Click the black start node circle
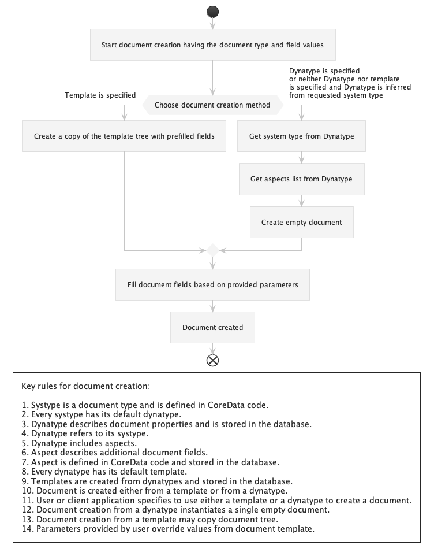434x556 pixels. pyautogui.click(x=213, y=12)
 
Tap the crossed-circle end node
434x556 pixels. pyautogui.click(x=213, y=361)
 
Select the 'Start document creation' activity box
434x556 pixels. pyautogui.click(x=213, y=45)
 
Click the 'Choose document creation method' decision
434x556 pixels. pyautogui.click(x=212, y=105)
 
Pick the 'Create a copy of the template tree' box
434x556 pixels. pyautogui.click(x=124, y=136)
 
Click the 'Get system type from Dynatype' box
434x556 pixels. pyautogui.click(x=301, y=136)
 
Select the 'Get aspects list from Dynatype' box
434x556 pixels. pyautogui.click(x=301, y=179)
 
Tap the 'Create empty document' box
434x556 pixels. pyautogui.click(x=301, y=222)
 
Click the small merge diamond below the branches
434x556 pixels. pyautogui.click(x=213, y=250)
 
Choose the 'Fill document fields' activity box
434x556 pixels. pyautogui.click(x=212, y=284)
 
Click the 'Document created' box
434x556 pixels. pyautogui.click(x=212, y=327)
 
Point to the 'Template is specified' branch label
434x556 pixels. pyautogui.click(x=100, y=95)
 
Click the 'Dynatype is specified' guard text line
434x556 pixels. pyautogui.click(x=324, y=71)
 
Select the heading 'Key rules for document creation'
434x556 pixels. pyautogui.click(x=85, y=385)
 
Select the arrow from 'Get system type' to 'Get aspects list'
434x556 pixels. pyautogui.click(x=301, y=157)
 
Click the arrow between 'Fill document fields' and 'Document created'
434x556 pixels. pyautogui.click(x=213, y=306)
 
